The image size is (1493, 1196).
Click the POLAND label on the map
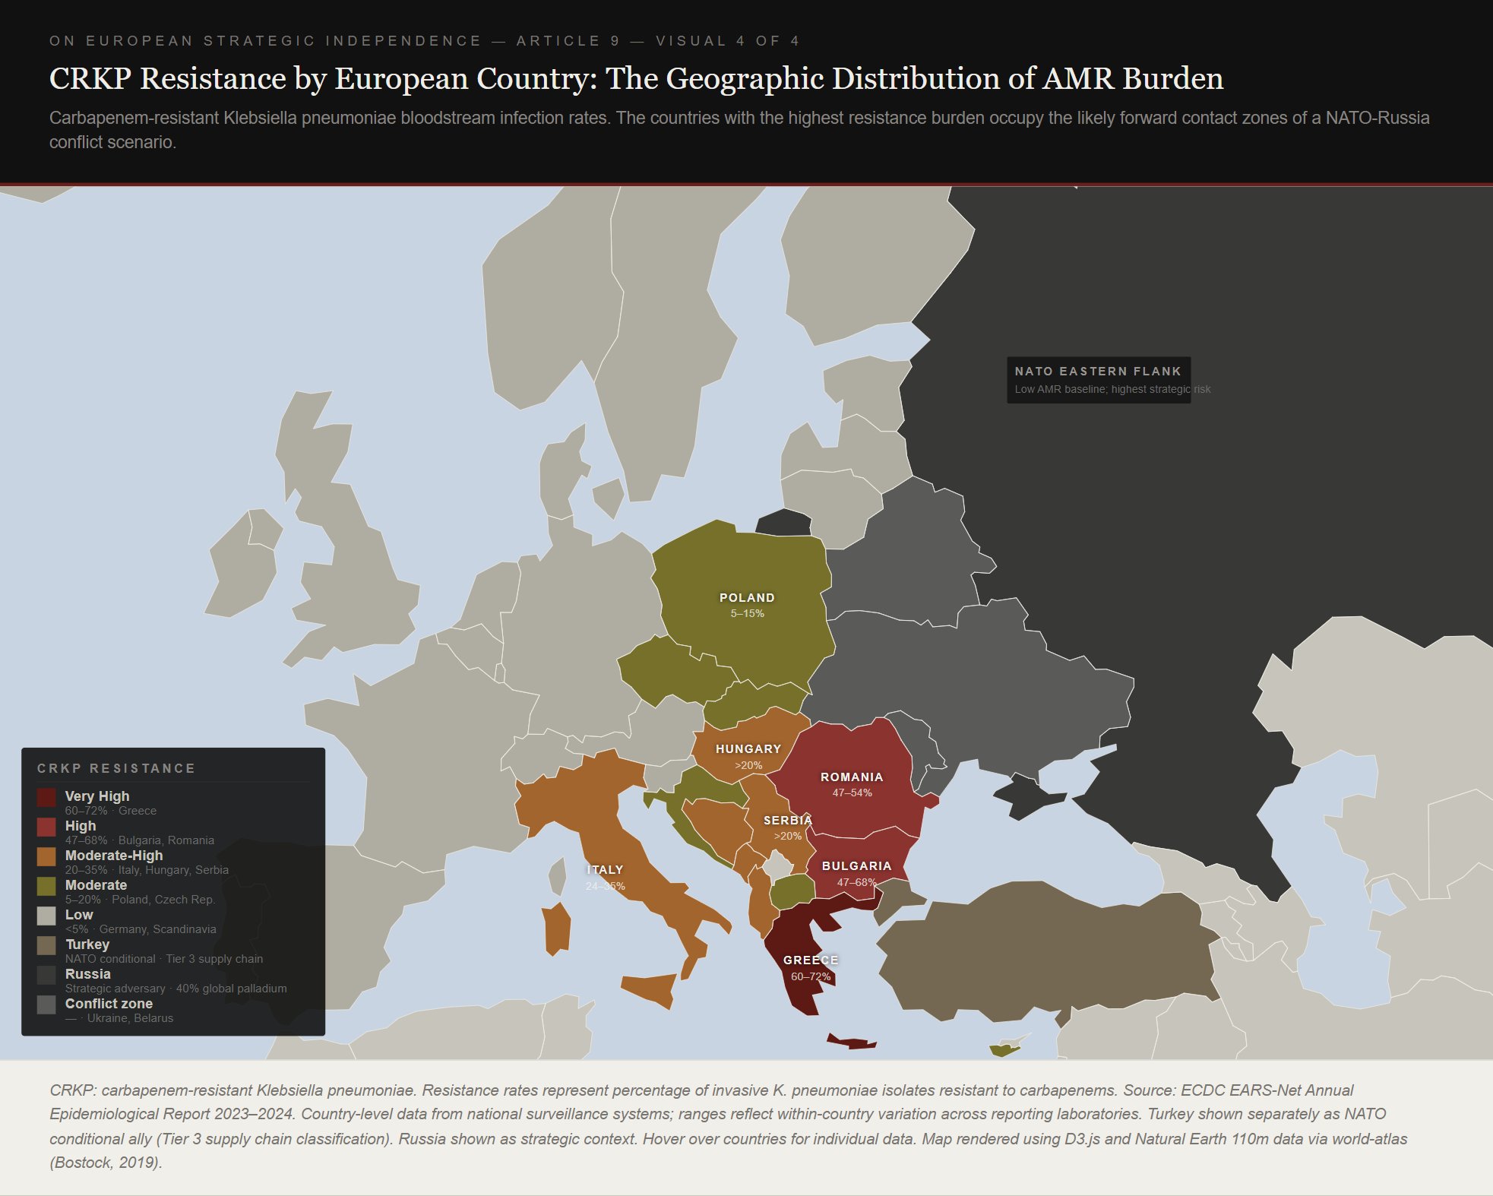tap(747, 598)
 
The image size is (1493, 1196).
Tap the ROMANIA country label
tap(852, 777)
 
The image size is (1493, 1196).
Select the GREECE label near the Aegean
tap(811, 960)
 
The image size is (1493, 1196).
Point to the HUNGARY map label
tap(748, 749)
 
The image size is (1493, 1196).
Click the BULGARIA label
tap(856, 866)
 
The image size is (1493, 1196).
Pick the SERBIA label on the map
tap(788, 821)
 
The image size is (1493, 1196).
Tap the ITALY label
tap(605, 870)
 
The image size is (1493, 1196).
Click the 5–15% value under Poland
tap(747, 614)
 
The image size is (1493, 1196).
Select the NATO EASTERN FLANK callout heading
tap(1098, 372)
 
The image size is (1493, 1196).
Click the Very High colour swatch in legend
tap(46, 797)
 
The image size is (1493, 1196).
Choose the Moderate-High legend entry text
tap(114, 856)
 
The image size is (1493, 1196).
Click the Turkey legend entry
tap(87, 944)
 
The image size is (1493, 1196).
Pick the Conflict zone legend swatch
tap(46, 1005)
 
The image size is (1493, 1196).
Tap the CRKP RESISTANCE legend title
tap(116, 768)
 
